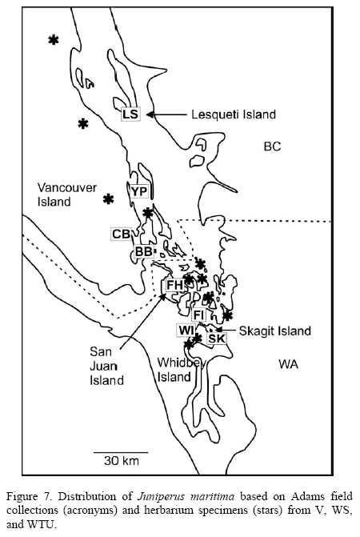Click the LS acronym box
(130, 114)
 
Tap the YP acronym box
(139, 192)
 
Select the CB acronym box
(121, 234)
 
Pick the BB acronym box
(144, 251)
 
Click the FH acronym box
(175, 285)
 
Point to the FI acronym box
(199, 315)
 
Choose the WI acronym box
(186, 331)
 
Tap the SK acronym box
(217, 339)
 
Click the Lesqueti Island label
(234, 114)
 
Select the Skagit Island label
(275, 331)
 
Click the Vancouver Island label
(67, 194)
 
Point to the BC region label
(272, 146)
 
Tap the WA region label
(288, 363)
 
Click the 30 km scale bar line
(121, 452)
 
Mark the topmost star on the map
(54, 40)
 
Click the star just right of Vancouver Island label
(109, 198)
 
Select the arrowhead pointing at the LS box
(150, 114)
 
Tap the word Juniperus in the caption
(161, 496)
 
